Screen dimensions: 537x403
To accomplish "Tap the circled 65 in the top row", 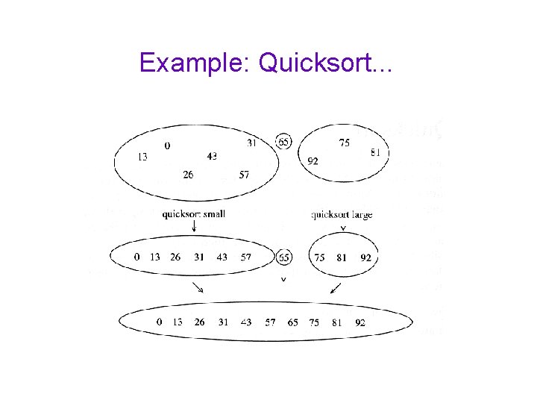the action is pyautogui.click(x=283, y=141).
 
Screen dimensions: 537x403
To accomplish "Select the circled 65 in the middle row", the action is pyautogui.click(x=283, y=257).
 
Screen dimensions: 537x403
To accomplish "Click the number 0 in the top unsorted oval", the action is pyautogui.click(x=167, y=146).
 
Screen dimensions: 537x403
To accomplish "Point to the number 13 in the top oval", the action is pyautogui.click(x=142, y=157).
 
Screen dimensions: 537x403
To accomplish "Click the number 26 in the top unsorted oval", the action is pyautogui.click(x=188, y=175).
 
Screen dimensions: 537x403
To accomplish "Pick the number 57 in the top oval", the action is pyautogui.click(x=244, y=175).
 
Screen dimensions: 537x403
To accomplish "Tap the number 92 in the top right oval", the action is pyautogui.click(x=313, y=160).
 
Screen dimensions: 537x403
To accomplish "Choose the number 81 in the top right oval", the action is pyautogui.click(x=375, y=153).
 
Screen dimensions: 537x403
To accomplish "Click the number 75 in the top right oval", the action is pyautogui.click(x=344, y=143).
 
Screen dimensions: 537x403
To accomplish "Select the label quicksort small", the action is pyautogui.click(x=194, y=214).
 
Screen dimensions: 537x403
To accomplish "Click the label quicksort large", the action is pyautogui.click(x=342, y=215).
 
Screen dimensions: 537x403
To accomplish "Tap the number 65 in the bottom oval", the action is pyautogui.click(x=292, y=322).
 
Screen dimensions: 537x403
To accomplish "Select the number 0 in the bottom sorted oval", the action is pyautogui.click(x=159, y=322).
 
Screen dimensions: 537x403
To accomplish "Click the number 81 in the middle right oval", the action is pyautogui.click(x=342, y=257).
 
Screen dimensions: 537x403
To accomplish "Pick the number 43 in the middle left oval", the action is pyautogui.click(x=222, y=257).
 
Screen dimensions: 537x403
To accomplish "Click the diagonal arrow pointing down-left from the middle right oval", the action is pyautogui.click(x=336, y=287).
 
